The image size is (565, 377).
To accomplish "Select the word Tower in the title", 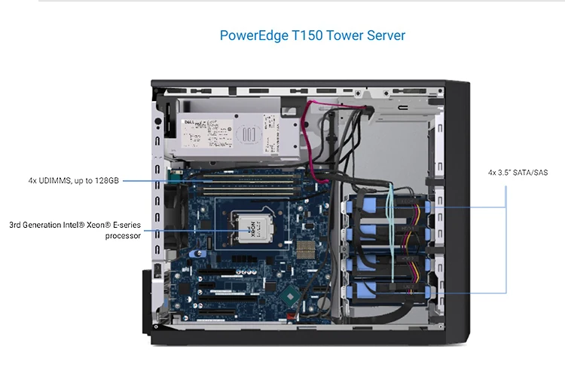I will click(345, 35).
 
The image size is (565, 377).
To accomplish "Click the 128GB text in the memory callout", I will click(106, 181).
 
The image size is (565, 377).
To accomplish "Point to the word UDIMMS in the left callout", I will click(54, 181).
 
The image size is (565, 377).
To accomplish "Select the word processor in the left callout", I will click(123, 236).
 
